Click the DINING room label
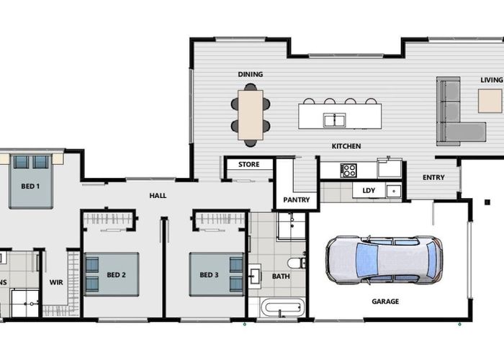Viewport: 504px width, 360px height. coord(251,74)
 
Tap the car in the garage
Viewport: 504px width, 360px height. coord(384,260)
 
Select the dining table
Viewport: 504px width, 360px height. coord(251,114)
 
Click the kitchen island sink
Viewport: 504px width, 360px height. coord(334,120)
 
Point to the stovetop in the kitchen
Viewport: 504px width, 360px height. coord(348,171)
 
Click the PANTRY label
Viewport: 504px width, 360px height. coord(297,199)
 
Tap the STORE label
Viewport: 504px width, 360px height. coord(249,165)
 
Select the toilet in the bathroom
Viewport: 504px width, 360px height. coord(297,263)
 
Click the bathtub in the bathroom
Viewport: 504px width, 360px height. coord(282,307)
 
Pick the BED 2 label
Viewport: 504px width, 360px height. coord(116,275)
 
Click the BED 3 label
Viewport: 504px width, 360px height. coord(209,275)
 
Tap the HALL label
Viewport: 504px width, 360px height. coord(158,195)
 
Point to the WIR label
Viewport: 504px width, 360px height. coord(56,282)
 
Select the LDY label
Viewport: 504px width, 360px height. coord(369,191)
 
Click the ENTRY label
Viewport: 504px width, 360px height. coord(433,177)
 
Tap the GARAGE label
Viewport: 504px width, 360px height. coord(385,302)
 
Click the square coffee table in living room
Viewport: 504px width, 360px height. coord(490,101)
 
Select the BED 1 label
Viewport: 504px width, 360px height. coord(30,186)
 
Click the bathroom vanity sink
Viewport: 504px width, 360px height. coord(255,276)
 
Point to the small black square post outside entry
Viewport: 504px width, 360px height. coord(487,202)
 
